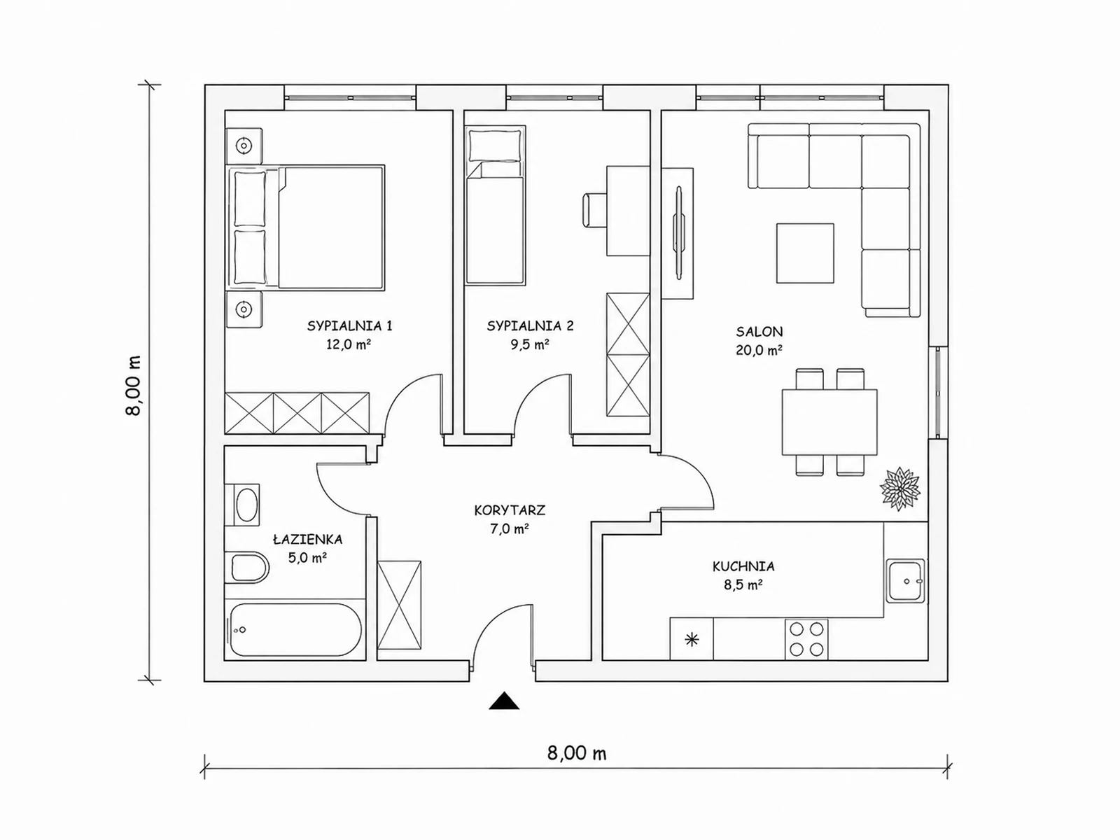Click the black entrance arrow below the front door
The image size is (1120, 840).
coord(504,701)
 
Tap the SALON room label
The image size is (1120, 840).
coord(759,332)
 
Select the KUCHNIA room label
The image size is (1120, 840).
coord(743,566)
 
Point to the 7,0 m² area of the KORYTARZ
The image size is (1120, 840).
coord(509,529)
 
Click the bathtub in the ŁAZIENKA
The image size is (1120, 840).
coord(295,630)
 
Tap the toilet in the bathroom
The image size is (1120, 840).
coord(246,566)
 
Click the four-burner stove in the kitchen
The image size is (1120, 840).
coord(806,639)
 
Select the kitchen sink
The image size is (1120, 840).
coord(906,580)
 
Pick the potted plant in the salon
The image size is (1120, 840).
coord(899,488)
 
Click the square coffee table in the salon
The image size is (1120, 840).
coord(805,253)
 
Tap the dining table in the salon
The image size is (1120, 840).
coord(829,422)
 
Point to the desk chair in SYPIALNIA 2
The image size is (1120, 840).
coord(594,209)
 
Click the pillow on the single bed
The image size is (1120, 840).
coord(495,146)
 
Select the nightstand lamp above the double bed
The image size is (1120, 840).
coord(244,146)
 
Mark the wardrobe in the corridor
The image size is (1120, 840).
coord(400,605)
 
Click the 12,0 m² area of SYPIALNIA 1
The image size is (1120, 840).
coord(349,344)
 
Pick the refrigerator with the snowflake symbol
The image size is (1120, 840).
coord(692,639)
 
